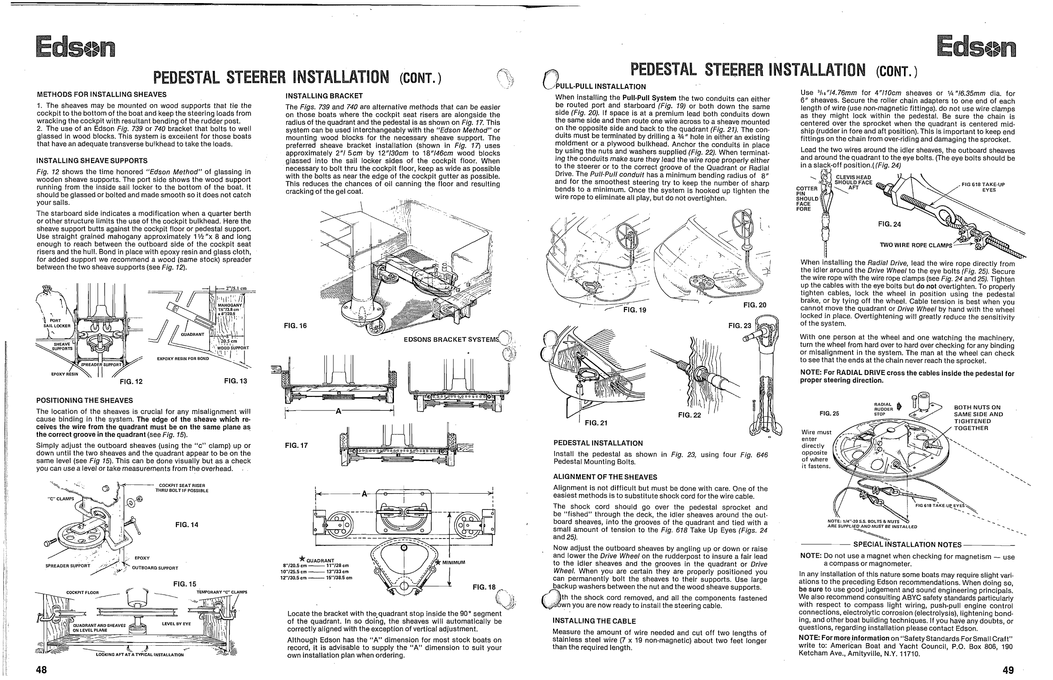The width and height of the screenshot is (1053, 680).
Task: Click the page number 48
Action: point(41,669)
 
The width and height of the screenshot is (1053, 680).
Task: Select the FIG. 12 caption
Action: point(131,382)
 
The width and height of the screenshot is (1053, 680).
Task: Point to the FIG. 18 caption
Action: point(484,587)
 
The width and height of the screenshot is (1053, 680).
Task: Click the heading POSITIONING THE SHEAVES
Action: point(84,400)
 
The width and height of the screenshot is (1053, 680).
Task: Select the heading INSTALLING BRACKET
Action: point(324,96)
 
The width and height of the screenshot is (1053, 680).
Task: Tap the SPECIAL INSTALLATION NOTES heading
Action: point(907,545)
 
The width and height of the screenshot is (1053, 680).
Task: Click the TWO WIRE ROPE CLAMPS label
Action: point(916,245)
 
